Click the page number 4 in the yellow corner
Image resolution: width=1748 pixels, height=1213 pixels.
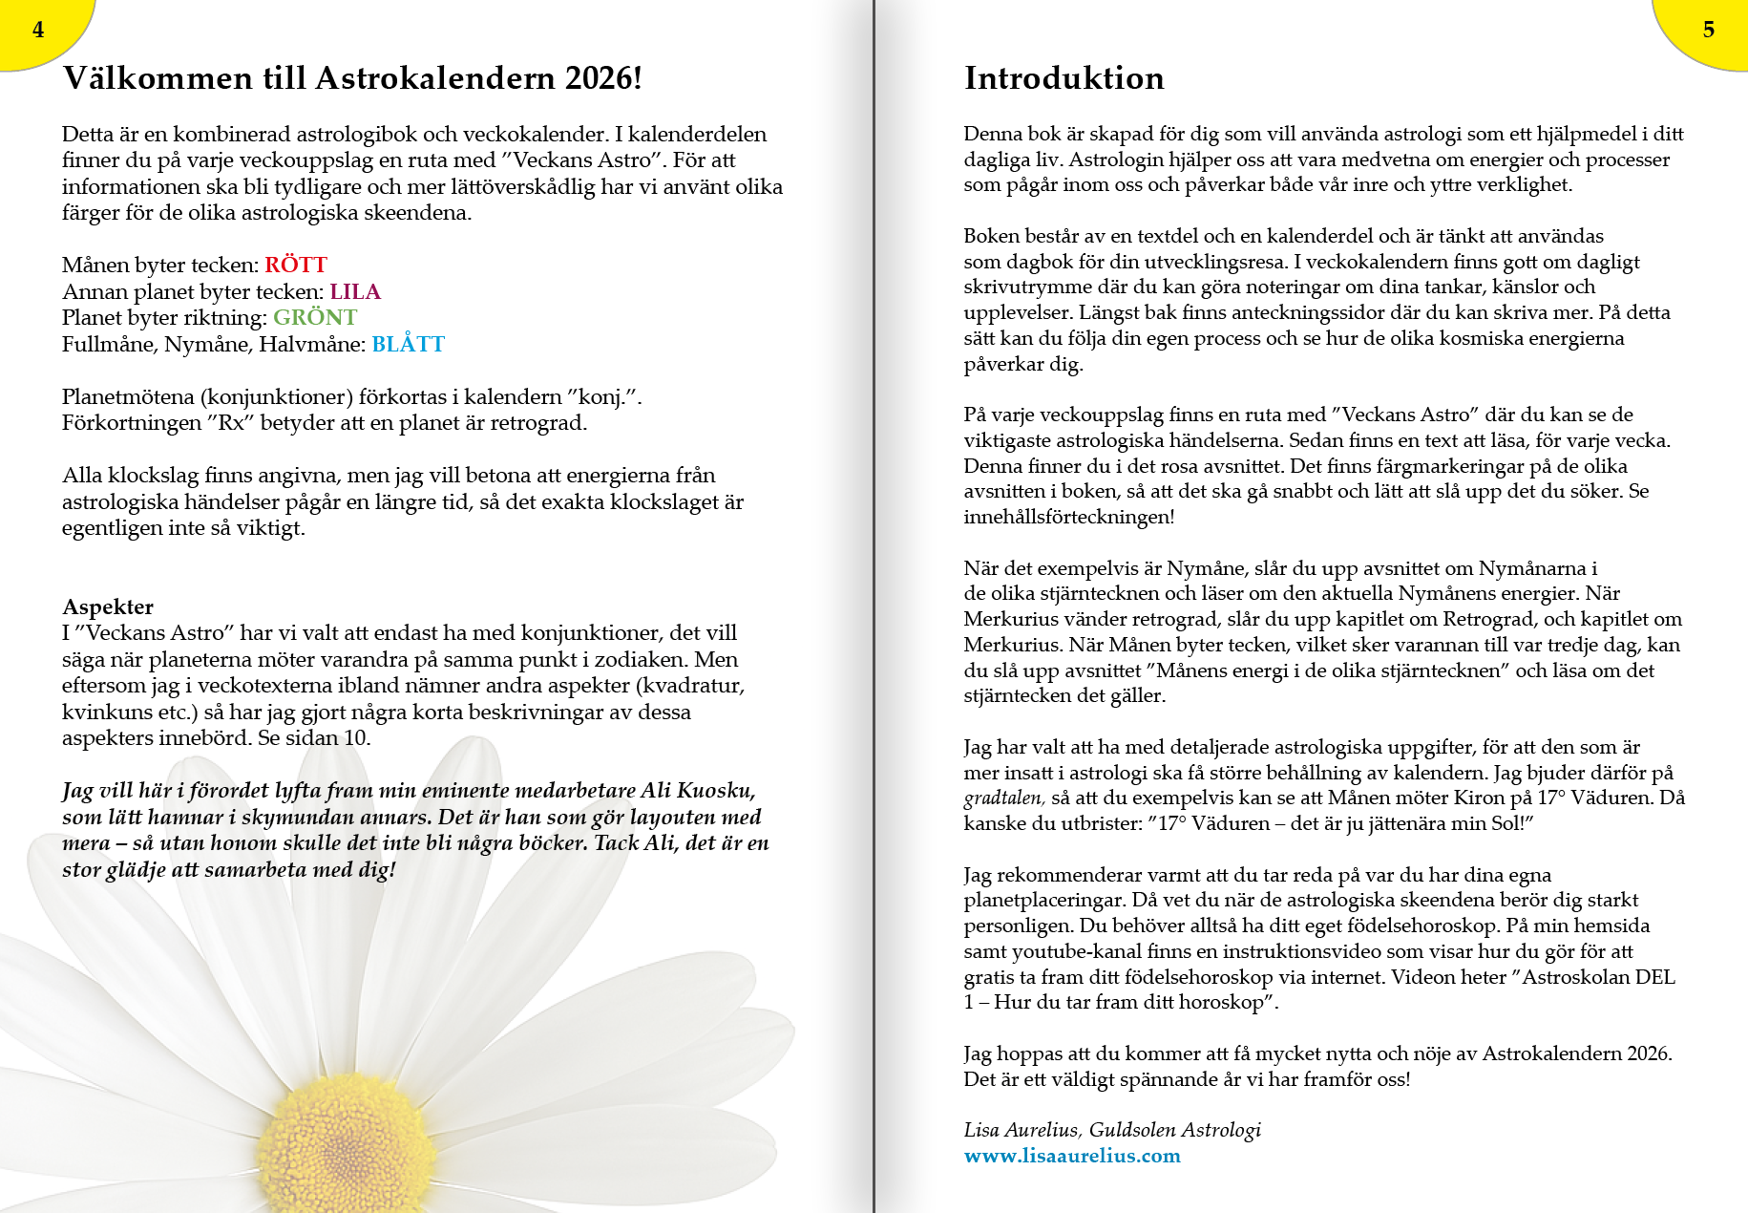(38, 30)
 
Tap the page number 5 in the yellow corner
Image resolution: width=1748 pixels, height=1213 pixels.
(1708, 30)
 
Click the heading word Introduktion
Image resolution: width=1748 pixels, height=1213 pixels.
(1064, 78)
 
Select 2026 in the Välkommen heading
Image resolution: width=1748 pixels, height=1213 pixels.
(599, 78)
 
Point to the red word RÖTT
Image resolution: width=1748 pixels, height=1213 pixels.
(296, 266)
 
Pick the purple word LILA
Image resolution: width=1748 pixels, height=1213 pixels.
(355, 292)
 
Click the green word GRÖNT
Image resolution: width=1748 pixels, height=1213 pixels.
(315, 318)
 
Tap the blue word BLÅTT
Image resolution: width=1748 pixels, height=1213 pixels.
(408, 345)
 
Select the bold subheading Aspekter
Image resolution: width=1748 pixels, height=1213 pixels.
(108, 607)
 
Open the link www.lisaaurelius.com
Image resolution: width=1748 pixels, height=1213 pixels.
(1072, 1156)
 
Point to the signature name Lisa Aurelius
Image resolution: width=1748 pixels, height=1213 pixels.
(1021, 1130)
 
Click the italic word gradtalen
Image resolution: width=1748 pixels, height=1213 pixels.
(1003, 798)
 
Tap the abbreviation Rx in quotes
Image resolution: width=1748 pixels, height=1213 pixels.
(231, 423)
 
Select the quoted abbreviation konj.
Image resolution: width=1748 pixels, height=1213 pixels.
(600, 397)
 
